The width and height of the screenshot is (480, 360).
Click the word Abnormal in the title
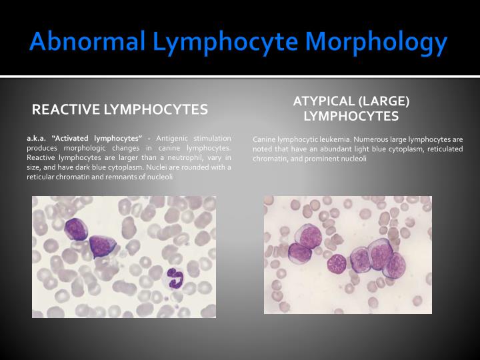point(87,42)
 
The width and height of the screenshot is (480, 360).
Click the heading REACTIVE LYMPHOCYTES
point(120,109)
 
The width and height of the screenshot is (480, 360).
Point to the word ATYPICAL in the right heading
point(324,101)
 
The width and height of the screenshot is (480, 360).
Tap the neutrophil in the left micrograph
point(176,277)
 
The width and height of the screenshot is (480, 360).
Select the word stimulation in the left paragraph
point(214,137)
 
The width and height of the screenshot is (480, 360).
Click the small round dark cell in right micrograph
point(337,263)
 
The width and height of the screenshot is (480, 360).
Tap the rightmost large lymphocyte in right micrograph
point(395,264)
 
